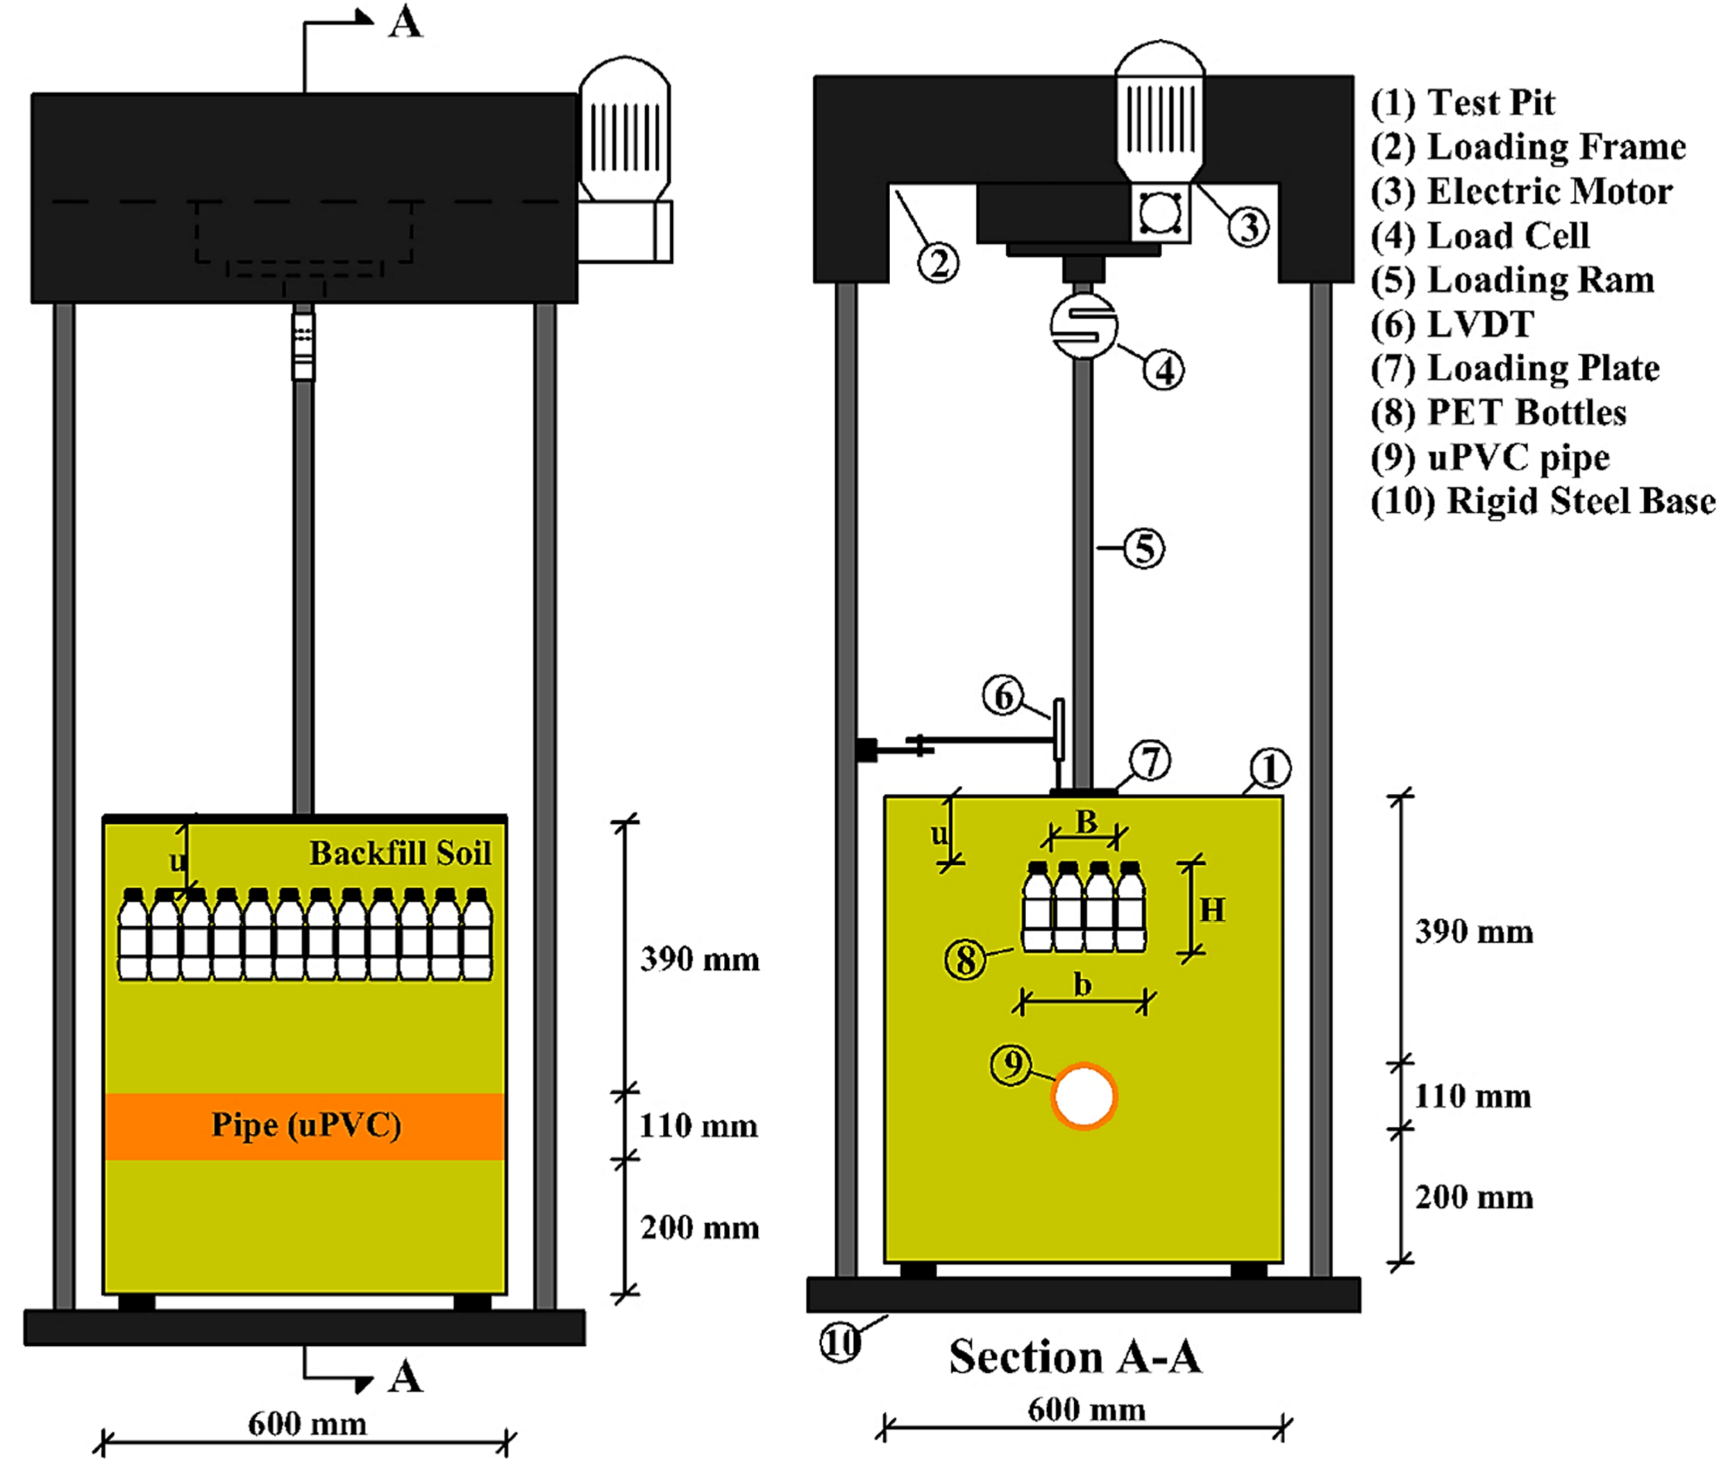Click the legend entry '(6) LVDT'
[1451, 324]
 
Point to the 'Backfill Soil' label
[400, 853]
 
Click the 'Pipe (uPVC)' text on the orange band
[306, 1125]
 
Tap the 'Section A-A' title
[1075, 1357]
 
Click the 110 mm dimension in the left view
[698, 1126]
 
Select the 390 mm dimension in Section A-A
[1474, 932]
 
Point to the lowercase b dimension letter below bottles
[1082, 985]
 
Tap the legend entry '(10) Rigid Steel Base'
[1543, 502]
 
